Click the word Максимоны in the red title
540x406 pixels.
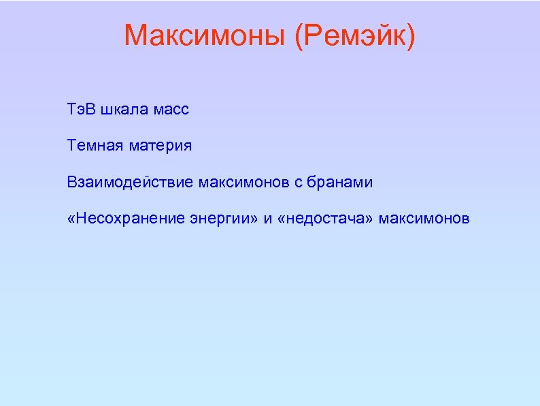tap(204, 35)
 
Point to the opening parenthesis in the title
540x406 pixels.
tap(300, 36)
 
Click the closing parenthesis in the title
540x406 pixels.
tap(409, 36)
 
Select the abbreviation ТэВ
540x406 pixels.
tap(81, 109)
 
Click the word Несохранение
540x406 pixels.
tap(122, 219)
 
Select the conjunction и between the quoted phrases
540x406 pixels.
tap(268, 219)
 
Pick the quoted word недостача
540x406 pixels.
tap(327, 219)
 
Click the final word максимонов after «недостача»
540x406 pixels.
tap(424, 219)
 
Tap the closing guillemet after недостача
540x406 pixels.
tap(371, 219)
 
